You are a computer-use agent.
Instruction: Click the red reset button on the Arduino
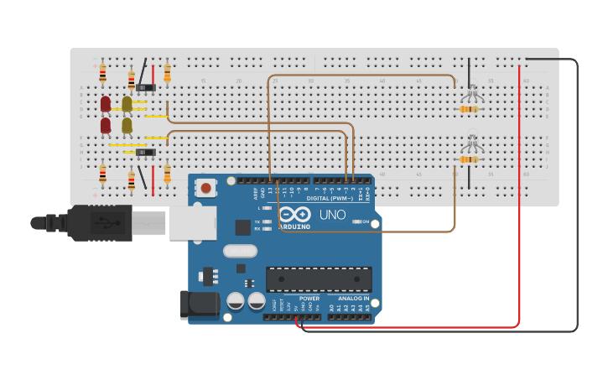[205, 189]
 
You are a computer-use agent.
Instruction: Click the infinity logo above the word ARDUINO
[300, 215]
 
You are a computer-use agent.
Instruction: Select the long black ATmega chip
[319, 279]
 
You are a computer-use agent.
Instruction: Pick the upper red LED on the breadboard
[106, 104]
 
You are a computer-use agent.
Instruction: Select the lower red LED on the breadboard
[106, 125]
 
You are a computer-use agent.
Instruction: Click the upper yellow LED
[127, 104]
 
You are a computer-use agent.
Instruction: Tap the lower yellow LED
[127, 125]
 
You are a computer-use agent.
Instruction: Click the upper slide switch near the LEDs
[146, 87]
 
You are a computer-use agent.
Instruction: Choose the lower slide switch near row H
[146, 152]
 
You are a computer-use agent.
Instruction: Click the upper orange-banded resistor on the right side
[470, 108]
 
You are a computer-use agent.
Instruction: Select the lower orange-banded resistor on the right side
[470, 159]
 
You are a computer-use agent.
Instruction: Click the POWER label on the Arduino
[309, 298]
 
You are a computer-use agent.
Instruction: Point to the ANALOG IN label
[353, 298]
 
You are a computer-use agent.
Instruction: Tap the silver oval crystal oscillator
[239, 250]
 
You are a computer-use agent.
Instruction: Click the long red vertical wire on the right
[519, 193]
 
